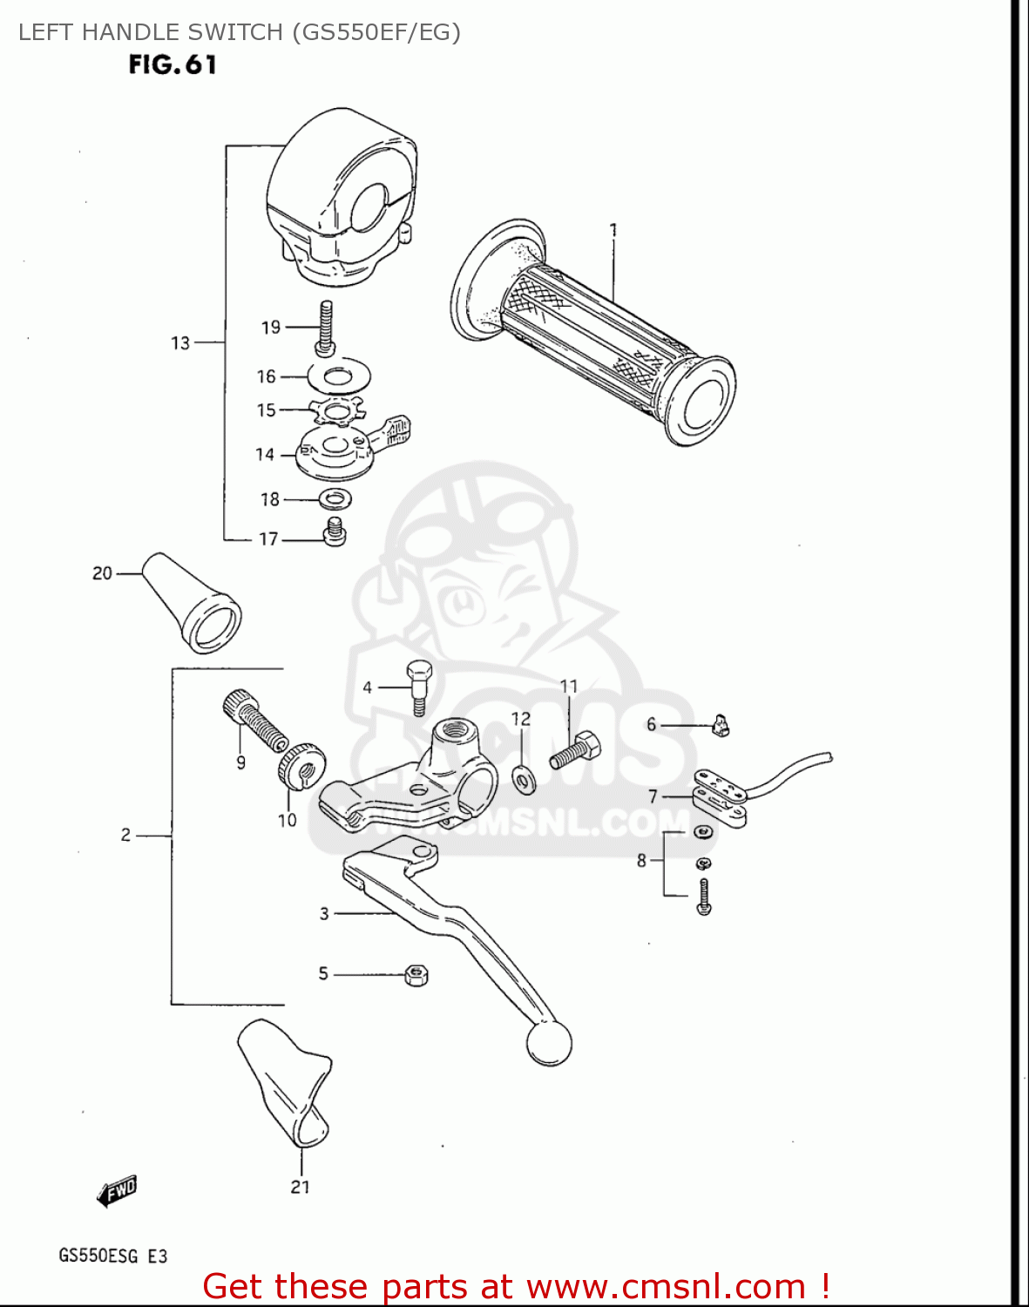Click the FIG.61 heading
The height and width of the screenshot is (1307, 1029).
(173, 65)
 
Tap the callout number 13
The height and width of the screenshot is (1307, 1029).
(180, 342)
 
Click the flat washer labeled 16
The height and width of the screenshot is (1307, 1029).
(339, 376)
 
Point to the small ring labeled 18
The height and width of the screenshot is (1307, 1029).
(335, 499)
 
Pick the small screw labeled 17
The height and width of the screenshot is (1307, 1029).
(335, 532)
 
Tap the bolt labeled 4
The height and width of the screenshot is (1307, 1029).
(418, 687)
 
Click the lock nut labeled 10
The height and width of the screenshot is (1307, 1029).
(301, 765)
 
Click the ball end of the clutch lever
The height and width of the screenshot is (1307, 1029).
(549, 1042)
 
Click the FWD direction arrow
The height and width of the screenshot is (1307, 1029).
(118, 1190)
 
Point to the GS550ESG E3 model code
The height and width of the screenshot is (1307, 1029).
(113, 1256)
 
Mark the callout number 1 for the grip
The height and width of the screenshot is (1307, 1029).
(613, 230)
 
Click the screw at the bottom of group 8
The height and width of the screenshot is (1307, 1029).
(705, 897)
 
